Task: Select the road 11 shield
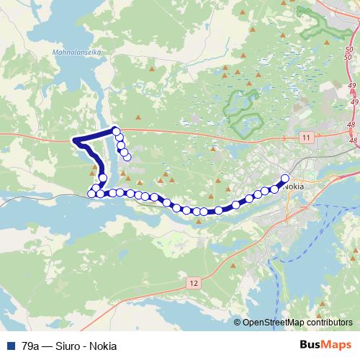(307, 137)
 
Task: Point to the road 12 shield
(193, 284)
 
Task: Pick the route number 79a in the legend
(31, 346)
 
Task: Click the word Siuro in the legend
(69, 346)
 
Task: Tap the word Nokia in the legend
(103, 346)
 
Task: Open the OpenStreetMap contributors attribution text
(298, 323)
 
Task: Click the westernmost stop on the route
(91, 192)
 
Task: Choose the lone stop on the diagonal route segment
(103, 177)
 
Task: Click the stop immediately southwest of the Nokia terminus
(274, 189)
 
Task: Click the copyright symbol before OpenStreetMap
(238, 323)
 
